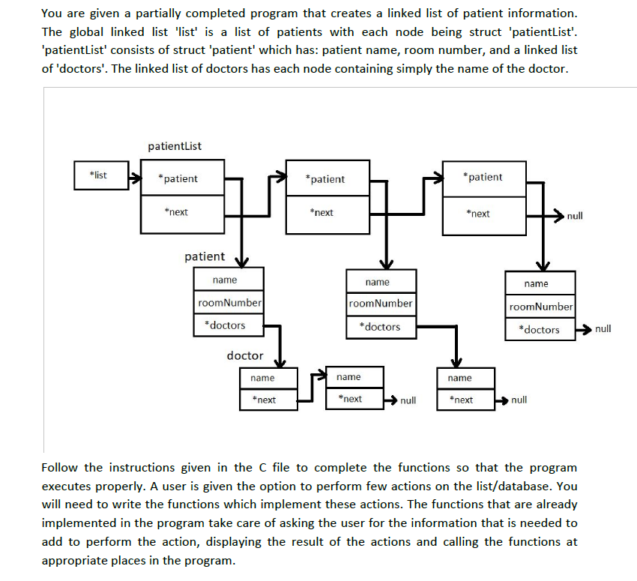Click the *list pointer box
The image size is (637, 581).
point(98,176)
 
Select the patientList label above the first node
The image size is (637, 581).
point(175,145)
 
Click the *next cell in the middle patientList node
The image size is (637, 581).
point(324,213)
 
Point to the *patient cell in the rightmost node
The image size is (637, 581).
point(484,177)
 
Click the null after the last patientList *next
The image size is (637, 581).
point(575,216)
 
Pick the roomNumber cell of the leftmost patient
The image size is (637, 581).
point(229,303)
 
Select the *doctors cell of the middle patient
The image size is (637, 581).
point(380,327)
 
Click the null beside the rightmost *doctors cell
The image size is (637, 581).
point(603,329)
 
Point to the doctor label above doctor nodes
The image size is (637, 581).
point(245,355)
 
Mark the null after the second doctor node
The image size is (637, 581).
point(408,400)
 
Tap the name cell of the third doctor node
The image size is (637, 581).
point(459,378)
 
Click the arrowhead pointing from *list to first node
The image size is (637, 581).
point(135,178)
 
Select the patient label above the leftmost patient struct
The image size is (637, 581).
point(205,256)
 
